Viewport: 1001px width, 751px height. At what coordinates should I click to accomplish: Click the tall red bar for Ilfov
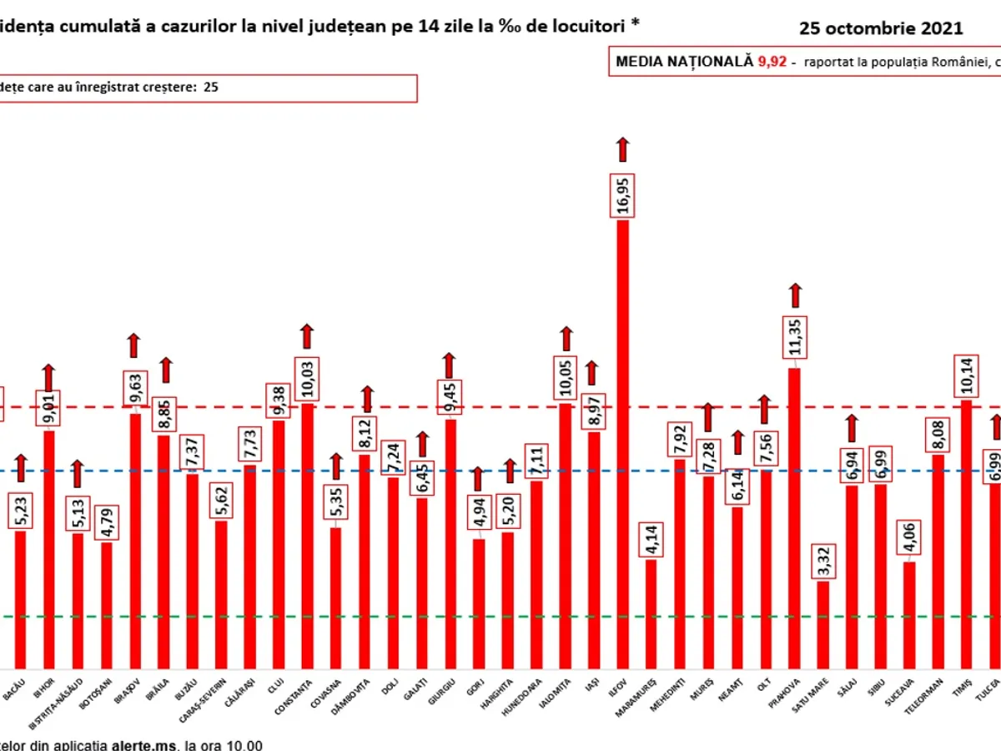622,442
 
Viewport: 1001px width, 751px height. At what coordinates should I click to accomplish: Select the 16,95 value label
623,191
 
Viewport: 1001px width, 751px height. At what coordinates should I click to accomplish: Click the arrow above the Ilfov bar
622,149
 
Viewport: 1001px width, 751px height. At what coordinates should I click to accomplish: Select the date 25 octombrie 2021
881,28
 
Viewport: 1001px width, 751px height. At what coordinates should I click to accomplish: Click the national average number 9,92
772,62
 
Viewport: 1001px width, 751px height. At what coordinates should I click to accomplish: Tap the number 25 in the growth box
211,86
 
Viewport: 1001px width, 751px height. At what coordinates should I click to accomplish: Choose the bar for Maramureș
651,613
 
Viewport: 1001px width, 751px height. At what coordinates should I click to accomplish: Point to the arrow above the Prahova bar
794,295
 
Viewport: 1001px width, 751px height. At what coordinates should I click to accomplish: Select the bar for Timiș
966,534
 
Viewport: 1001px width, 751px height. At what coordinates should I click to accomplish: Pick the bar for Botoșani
106,605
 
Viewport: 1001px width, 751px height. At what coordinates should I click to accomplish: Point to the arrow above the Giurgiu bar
450,365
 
